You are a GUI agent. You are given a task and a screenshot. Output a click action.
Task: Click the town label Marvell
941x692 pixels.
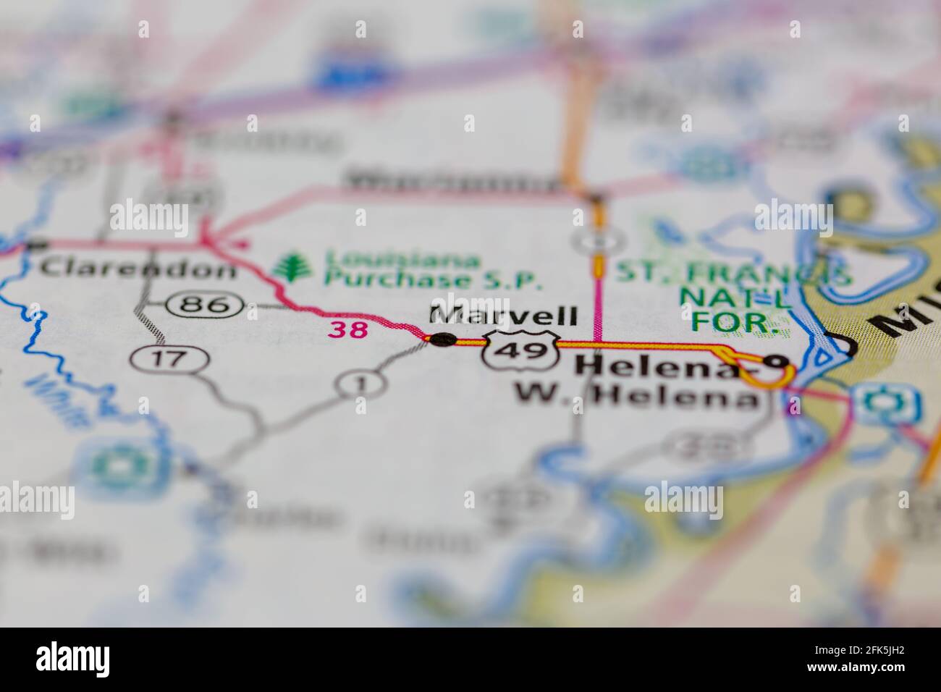coord(504,315)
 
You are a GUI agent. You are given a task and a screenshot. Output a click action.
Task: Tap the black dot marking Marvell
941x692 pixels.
coord(443,339)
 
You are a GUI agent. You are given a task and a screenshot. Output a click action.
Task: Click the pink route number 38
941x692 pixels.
coord(348,330)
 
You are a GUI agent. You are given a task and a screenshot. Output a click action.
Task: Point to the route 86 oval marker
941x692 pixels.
coord(203,304)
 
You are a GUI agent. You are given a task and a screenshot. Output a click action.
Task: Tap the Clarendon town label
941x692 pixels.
coord(138,269)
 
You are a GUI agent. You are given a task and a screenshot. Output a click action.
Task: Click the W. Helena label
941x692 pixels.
coord(634,396)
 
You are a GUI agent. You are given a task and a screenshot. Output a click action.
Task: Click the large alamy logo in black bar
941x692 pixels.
coord(74,659)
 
